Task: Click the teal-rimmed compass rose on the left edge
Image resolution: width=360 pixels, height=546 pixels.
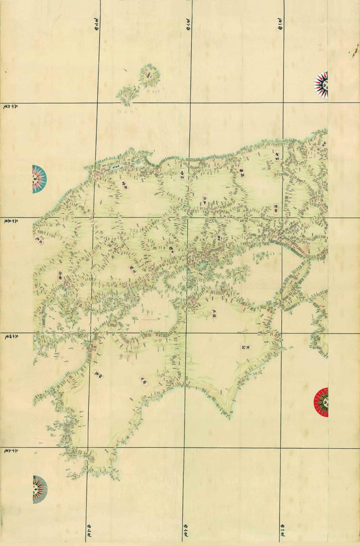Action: (x=39, y=178)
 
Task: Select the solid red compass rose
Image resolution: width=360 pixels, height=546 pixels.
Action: (x=322, y=402)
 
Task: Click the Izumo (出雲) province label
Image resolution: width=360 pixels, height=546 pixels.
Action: (x=127, y=184)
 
